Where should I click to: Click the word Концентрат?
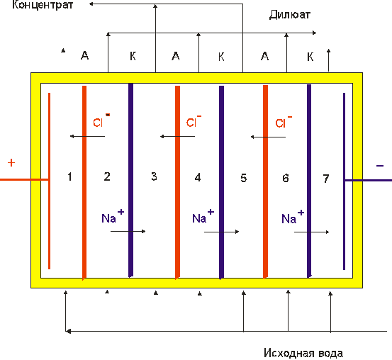[43, 5]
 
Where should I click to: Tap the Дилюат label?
[290, 15]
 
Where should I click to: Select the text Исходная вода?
[303, 353]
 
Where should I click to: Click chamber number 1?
[69, 176]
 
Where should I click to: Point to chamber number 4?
[198, 177]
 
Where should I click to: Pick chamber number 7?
[326, 179]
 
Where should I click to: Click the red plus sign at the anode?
[11, 163]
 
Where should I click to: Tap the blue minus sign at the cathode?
[380, 166]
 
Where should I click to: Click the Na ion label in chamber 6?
[293, 217]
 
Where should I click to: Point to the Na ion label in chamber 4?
[203, 216]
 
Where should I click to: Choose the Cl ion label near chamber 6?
[284, 121]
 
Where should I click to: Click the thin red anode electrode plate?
[49, 181]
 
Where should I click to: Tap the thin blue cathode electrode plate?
[345, 181]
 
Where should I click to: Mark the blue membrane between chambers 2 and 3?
[130, 180]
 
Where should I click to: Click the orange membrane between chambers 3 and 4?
[177, 182]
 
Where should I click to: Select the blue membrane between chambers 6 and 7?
[309, 181]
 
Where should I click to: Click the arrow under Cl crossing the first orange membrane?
[87, 136]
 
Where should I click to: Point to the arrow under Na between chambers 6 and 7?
[311, 232]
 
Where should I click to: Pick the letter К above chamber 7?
[310, 57]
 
